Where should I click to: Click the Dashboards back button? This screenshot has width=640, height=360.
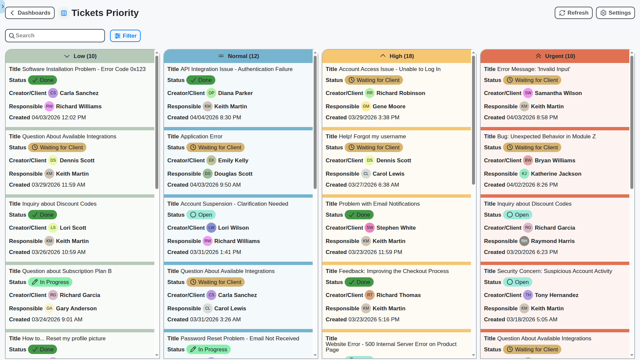[x=30, y=13]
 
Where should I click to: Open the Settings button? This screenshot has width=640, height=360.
[x=615, y=13]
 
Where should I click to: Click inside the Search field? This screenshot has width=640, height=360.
[x=55, y=36]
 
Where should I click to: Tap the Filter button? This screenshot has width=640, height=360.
[x=125, y=36]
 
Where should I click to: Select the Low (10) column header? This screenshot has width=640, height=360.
[x=80, y=56]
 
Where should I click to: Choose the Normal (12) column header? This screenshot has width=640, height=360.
[x=238, y=56]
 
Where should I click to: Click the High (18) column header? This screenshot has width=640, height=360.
[x=397, y=56]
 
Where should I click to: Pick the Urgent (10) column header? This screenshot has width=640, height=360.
[x=555, y=56]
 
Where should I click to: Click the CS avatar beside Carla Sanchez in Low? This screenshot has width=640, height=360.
[x=53, y=93]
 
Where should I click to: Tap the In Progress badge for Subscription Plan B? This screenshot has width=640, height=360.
[x=50, y=282]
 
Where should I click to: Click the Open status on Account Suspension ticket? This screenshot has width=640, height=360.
[x=201, y=215]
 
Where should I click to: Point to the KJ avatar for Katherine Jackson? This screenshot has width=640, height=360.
[x=524, y=174]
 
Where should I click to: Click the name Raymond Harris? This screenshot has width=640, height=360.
[x=553, y=241]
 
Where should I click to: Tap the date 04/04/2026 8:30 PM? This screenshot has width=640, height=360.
[x=215, y=118]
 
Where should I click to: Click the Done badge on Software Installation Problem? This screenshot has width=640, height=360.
[x=43, y=80]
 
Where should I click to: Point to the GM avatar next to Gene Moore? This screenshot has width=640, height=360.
[x=366, y=107]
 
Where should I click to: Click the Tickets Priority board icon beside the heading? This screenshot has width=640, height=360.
[x=64, y=13]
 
